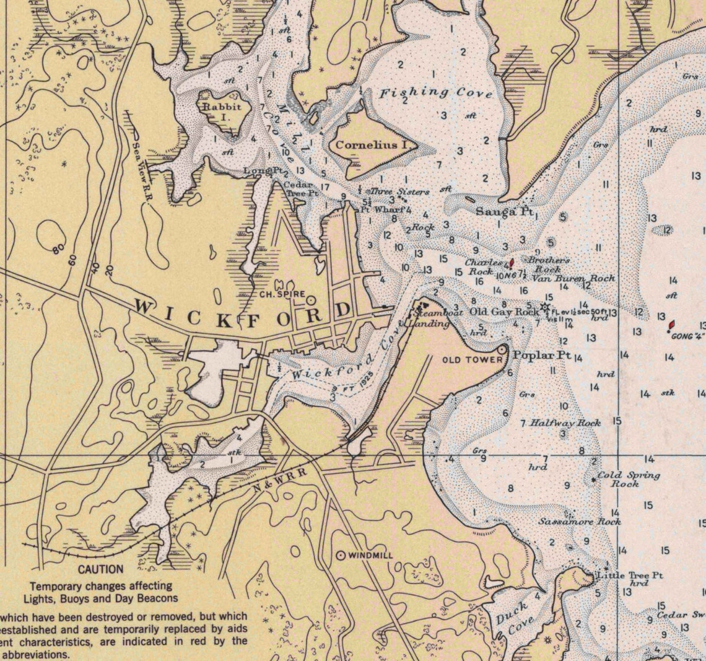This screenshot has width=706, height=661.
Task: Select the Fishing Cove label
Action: click(x=435, y=94)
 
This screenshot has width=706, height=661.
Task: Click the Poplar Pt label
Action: click(x=541, y=355)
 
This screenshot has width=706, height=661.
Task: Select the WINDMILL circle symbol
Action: click(x=340, y=556)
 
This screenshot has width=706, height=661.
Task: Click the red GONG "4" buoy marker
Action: click(x=671, y=325)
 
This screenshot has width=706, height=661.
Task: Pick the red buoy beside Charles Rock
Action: click(x=511, y=263)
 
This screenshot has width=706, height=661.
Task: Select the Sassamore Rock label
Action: click(x=579, y=522)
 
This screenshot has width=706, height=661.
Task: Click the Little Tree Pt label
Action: click(x=629, y=576)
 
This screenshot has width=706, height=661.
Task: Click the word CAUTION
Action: click(x=100, y=569)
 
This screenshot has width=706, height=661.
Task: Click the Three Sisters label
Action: click(x=399, y=192)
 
